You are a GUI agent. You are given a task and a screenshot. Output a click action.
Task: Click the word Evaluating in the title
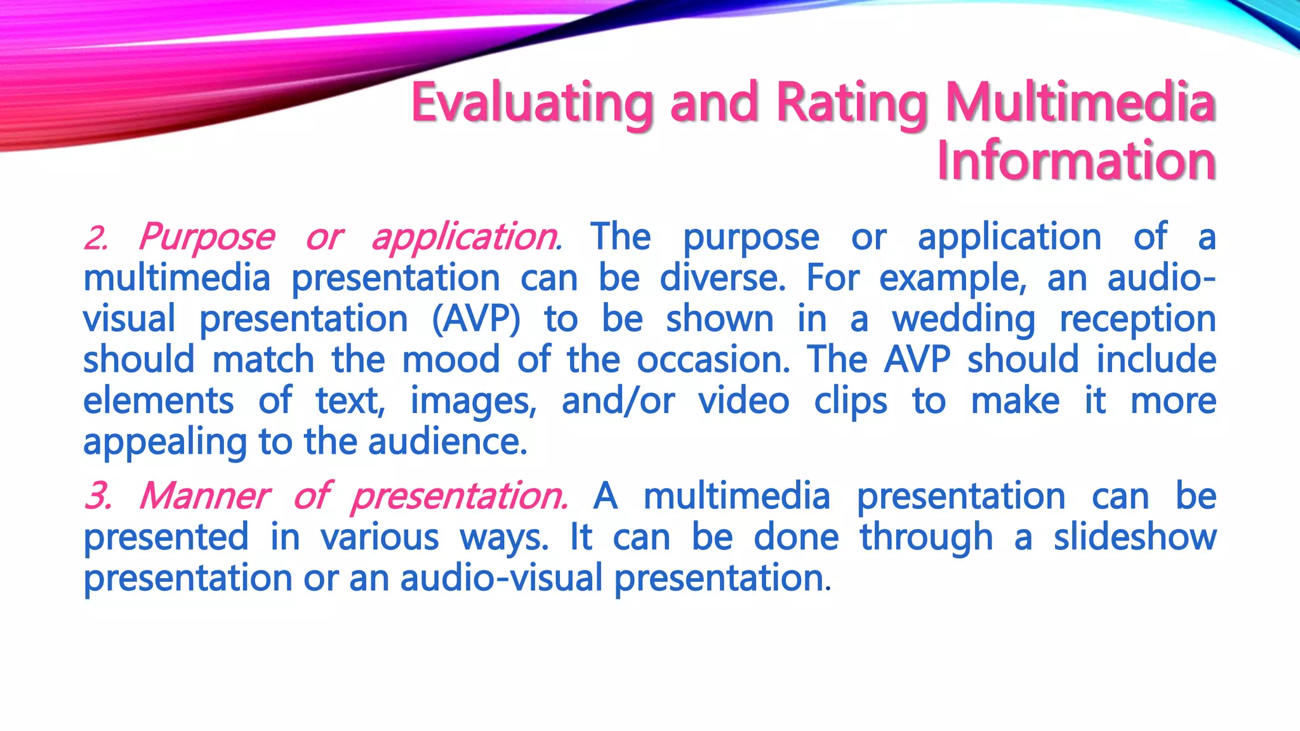(x=532, y=103)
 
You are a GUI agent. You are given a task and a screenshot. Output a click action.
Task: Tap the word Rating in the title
(x=852, y=103)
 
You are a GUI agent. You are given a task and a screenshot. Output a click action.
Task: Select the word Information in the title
(x=1076, y=161)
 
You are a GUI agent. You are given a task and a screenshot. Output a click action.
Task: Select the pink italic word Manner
(x=204, y=496)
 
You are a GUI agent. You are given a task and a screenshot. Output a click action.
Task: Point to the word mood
(x=451, y=360)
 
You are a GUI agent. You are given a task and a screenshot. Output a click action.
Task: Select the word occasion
(x=713, y=360)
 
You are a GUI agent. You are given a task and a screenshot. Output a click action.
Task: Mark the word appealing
(x=165, y=443)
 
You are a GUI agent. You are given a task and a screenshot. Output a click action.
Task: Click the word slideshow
(x=1135, y=537)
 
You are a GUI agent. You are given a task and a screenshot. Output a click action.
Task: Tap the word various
(x=380, y=537)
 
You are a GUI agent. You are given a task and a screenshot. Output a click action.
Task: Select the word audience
(x=447, y=442)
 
